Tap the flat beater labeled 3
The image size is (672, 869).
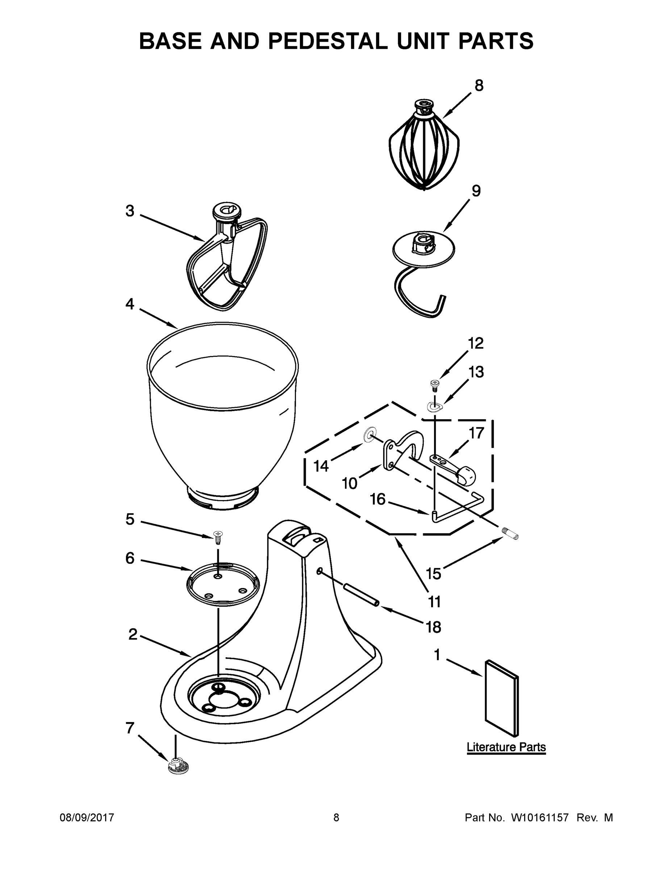tap(227, 263)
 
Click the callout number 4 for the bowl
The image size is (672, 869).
tap(130, 305)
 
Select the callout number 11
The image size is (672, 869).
tap(434, 602)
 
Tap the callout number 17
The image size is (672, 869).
tap(476, 433)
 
